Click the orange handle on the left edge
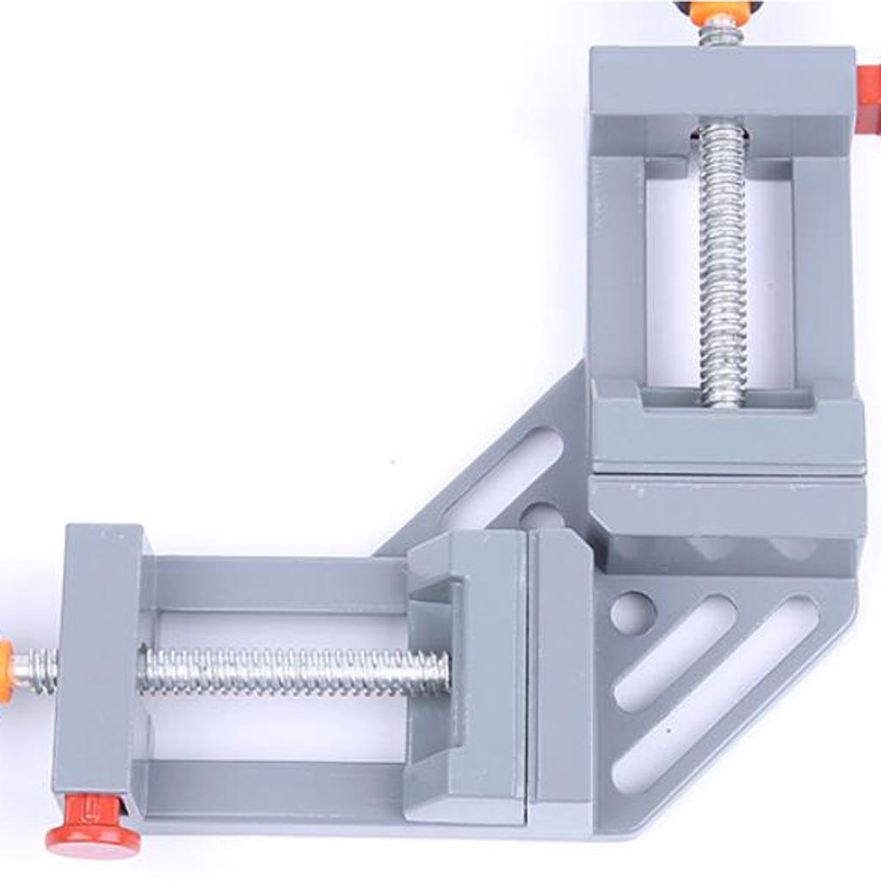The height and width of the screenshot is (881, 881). click(5, 670)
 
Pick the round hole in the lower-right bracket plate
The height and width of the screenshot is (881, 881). click(632, 613)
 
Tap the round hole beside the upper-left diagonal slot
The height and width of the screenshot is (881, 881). click(542, 516)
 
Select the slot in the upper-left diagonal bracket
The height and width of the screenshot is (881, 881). click(503, 478)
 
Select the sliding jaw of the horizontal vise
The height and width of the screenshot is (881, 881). click(465, 671)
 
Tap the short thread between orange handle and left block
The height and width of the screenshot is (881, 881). click(34, 669)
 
